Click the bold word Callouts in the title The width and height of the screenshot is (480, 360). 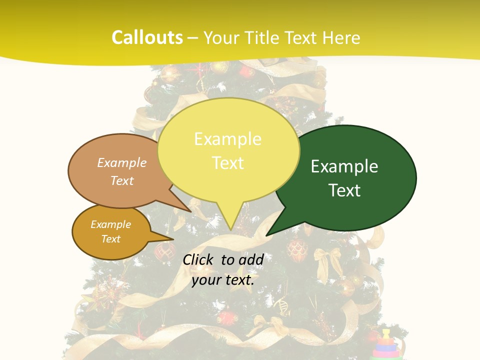(147, 38)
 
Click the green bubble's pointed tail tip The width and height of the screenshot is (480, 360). (267, 234)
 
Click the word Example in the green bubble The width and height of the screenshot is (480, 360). (344, 166)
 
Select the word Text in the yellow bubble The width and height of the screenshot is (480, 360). (228, 163)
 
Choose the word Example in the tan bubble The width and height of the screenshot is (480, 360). (122, 163)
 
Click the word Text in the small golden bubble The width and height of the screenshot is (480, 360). (111, 239)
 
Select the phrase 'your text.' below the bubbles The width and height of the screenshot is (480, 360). (223, 280)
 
